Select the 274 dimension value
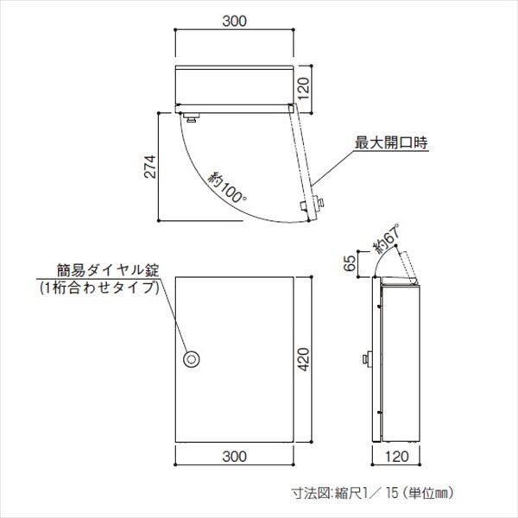tap(148, 168)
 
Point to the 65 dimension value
tap(350, 261)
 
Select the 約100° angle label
tap(227, 186)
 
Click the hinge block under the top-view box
tap(191, 113)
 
